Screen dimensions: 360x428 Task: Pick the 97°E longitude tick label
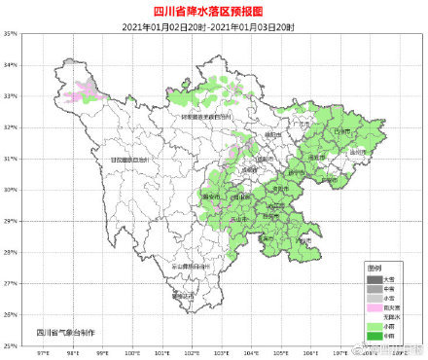(44, 352)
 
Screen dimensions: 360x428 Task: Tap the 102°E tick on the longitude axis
(193, 352)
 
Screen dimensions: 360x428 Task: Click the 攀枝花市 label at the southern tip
(184, 297)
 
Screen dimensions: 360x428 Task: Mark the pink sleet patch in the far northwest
(83, 94)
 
